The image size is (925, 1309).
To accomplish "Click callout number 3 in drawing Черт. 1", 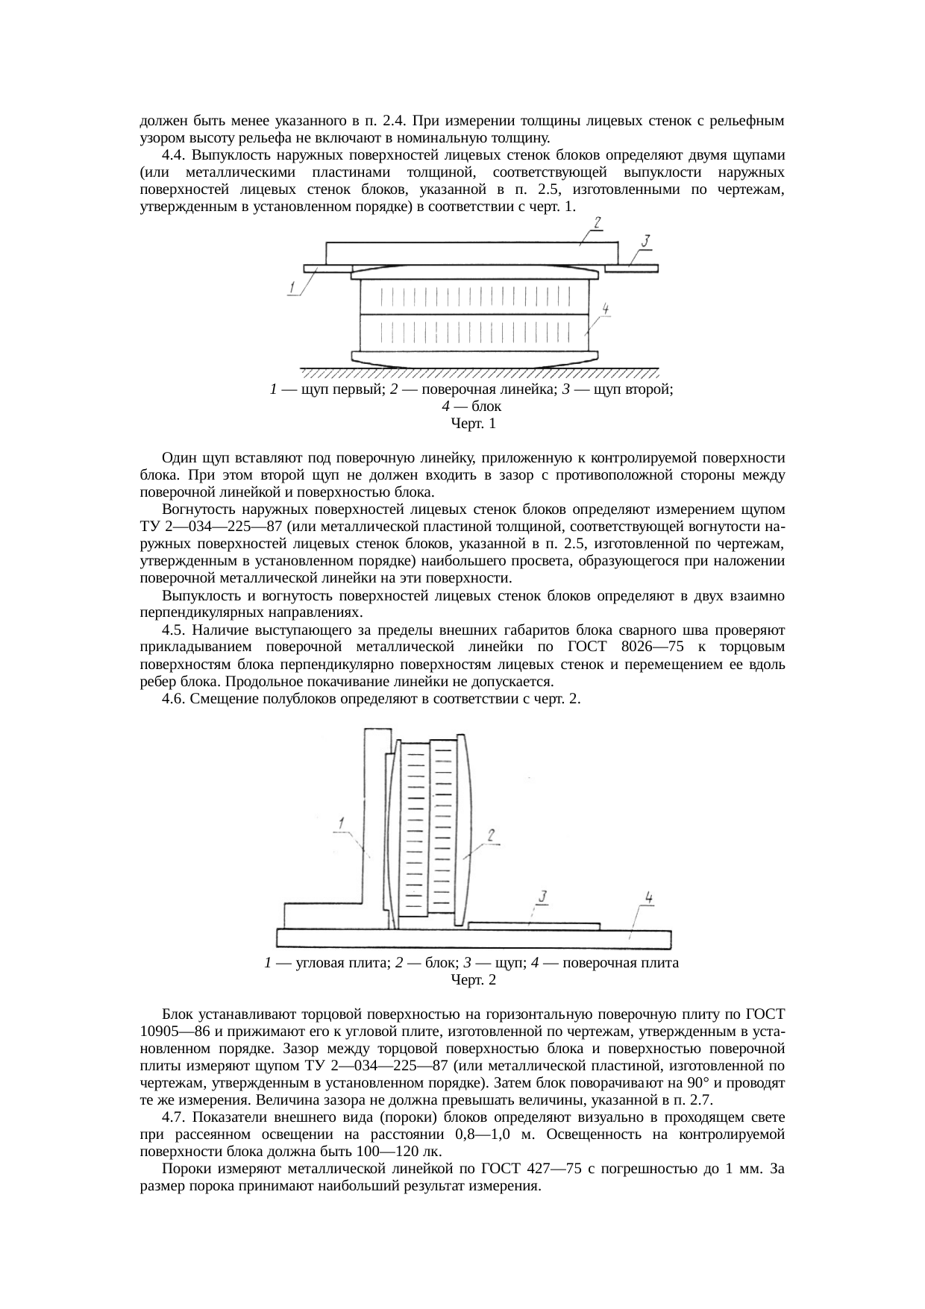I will pos(646,240).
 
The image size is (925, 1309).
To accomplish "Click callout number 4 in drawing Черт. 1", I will pos(606,309).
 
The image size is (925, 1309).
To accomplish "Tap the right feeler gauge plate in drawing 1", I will pos(631,268).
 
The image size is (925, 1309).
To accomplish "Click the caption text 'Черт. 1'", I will pos(473,424).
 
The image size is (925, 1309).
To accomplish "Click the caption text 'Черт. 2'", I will pos(473,979).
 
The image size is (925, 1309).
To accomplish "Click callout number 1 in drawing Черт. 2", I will pos(341,823).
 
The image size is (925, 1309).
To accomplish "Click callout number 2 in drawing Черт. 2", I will pos(492,837).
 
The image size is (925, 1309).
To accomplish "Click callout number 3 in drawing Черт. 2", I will pos(544,895).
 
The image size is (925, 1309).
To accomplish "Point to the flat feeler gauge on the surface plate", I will pos(534,926).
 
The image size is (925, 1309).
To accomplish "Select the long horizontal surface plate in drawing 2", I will pos(473,938).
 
